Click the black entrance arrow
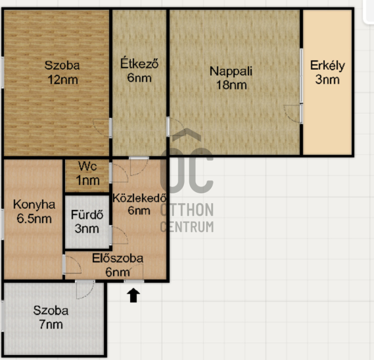pos(133,295)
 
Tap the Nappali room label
pos(230,71)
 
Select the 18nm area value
pos(231,85)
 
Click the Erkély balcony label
pos(328,66)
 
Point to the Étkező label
pos(139,64)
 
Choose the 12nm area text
pos(63,80)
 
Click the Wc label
pos(87,166)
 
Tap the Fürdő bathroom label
pos(87,214)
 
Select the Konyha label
pos(34,205)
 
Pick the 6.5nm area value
pos(34,219)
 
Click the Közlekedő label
pos(139,198)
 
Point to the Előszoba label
pos(118,258)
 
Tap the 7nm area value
pos(51,325)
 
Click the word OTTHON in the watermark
pos(187,210)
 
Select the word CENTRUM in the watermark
pos(187,227)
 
